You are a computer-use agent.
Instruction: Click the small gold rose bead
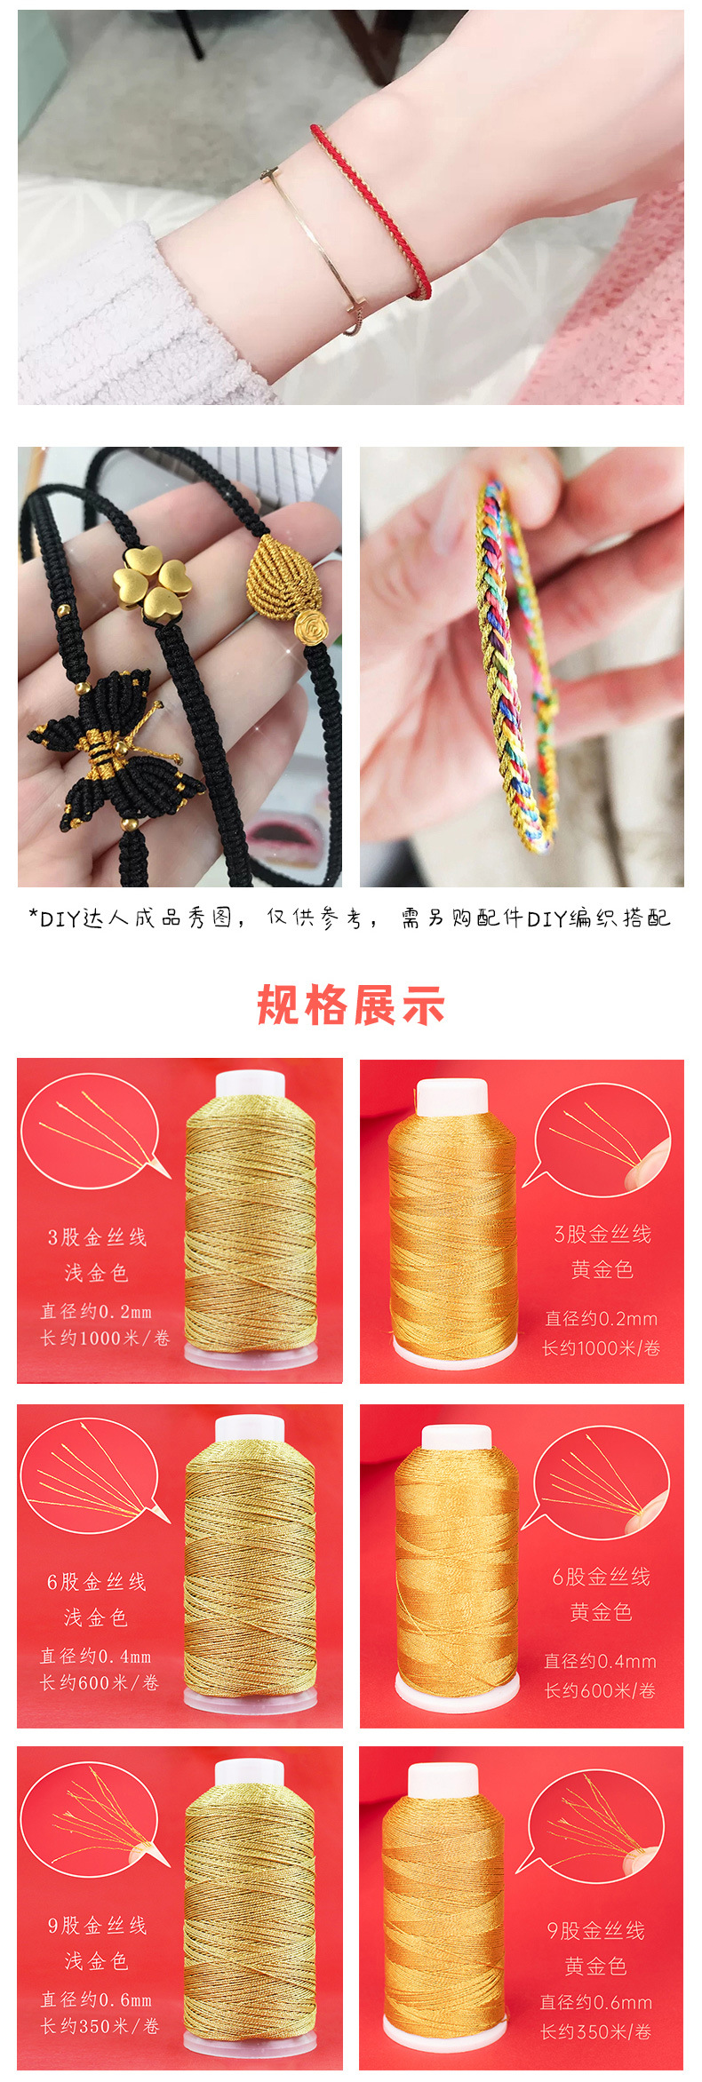click(x=312, y=625)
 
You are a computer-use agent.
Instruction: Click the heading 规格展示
click(x=351, y=1005)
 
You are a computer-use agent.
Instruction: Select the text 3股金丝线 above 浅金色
click(x=97, y=1237)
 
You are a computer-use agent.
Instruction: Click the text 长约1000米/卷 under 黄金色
click(x=601, y=1348)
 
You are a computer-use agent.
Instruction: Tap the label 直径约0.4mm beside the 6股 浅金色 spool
click(x=96, y=1657)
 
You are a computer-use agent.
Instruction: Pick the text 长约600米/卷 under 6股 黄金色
click(x=600, y=1690)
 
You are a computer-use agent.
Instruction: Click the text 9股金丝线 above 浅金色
click(x=97, y=1926)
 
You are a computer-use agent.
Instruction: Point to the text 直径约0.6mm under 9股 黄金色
click(x=596, y=2002)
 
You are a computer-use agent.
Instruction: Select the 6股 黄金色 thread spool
click(x=456, y=1572)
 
